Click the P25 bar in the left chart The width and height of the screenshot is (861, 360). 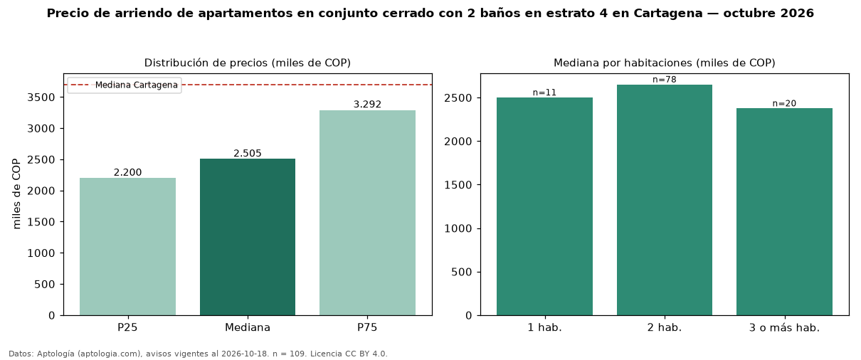pyautogui.click(x=127, y=247)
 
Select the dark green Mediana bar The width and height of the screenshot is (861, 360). pyautogui.click(x=248, y=237)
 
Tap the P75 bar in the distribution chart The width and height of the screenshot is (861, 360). pyautogui.click(x=367, y=213)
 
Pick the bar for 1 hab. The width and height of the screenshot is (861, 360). pyautogui.click(x=544, y=206)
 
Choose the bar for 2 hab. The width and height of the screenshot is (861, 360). pyautogui.click(x=665, y=200)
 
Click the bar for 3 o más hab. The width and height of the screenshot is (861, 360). pyautogui.click(x=785, y=212)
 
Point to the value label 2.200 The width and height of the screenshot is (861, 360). pyautogui.click(x=127, y=172)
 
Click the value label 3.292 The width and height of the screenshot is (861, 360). pyautogui.click(x=367, y=105)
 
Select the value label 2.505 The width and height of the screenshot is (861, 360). pyautogui.click(x=248, y=153)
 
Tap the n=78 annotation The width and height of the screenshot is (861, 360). pyautogui.click(x=665, y=80)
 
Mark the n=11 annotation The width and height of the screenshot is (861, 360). pyautogui.click(x=544, y=92)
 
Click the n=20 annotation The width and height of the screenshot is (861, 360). pyautogui.click(x=785, y=103)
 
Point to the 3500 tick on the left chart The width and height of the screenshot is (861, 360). pyautogui.click(x=41, y=97)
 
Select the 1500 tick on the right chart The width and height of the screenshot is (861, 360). pyautogui.click(x=458, y=185)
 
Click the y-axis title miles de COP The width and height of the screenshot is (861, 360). pyautogui.click(x=16, y=194)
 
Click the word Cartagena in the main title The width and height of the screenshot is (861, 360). pyautogui.click(x=668, y=14)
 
